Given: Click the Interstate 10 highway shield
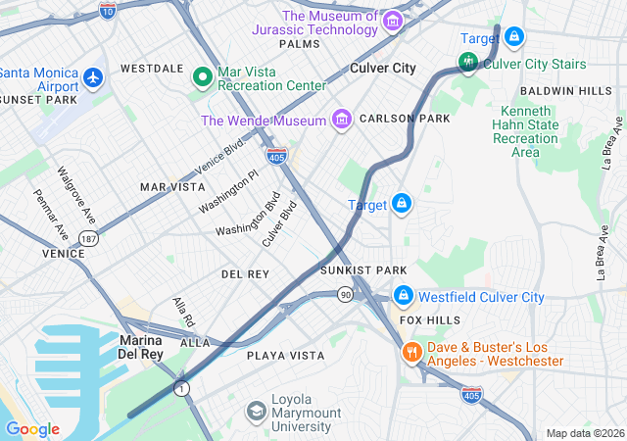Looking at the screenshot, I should (108, 8).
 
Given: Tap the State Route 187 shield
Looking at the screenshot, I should (89, 239).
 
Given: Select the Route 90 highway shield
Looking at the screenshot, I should (346, 294).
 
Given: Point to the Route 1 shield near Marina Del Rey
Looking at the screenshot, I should (182, 389).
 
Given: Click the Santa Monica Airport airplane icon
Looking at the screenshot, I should (93, 75).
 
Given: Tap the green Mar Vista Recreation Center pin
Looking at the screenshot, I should (204, 76).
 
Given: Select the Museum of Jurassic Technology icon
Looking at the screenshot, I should (392, 21).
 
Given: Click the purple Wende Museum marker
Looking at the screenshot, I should (342, 120).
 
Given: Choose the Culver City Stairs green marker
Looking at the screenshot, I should (468, 65).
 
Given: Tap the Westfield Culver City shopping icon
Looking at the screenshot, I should (403, 295).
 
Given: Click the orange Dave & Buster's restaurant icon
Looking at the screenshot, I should (410, 351).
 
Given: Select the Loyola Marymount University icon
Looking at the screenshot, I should (256, 410).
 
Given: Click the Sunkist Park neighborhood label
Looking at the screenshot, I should (362, 269).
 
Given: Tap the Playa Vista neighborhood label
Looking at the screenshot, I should (285, 355).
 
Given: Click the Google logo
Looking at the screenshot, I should (32, 428).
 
